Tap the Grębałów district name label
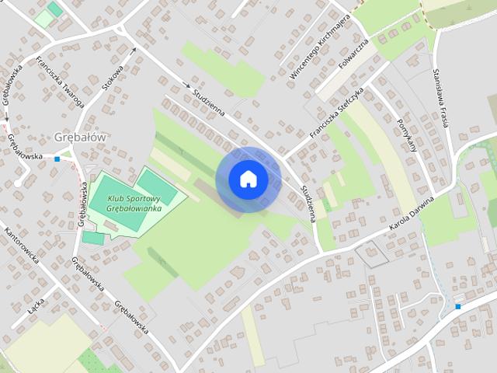coord(80,136)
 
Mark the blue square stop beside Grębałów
coord(57,159)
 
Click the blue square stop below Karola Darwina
coord(458,306)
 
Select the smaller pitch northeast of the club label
coord(158,187)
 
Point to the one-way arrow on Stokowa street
coord(133,52)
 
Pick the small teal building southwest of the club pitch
coord(93,238)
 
